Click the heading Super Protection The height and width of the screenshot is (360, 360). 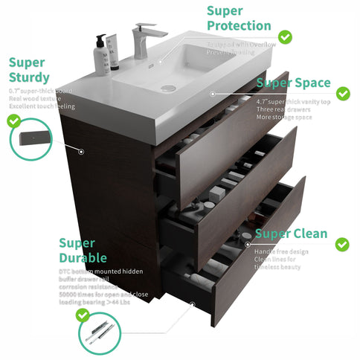tap(238, 18)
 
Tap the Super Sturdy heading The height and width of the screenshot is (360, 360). tap(30, 70)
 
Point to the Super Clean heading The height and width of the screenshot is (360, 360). tap(291, 234)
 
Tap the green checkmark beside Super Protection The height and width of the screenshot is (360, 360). tap(284, 36)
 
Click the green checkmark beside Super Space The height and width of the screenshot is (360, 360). tap(343, 94)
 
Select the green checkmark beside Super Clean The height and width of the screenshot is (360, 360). tap(342, 244)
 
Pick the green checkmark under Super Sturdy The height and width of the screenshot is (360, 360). tap(14, 119)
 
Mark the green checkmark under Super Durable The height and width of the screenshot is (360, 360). tap(83, 315)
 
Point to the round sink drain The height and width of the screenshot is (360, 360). tap(169, 88)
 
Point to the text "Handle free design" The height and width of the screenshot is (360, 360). tap(283, 251)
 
